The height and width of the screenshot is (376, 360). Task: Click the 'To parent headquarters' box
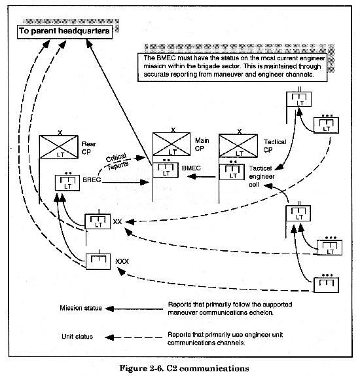(x=65, y=31)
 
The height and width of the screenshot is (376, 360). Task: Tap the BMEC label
(x=191, y=168)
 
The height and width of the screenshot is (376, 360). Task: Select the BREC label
(x=92, y=179)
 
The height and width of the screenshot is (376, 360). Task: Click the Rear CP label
(x=88, y=148)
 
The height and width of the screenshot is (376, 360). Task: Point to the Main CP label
(x=202, y=144)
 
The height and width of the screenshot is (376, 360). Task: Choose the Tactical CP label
(x=275, y=146)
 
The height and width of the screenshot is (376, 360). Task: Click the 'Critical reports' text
(x=117, y=162)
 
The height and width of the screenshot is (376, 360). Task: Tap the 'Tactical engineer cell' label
(x=261, y=176)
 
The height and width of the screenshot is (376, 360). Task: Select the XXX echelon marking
(x=122, y=261)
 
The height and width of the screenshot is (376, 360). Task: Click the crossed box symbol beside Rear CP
(x=59, y=147)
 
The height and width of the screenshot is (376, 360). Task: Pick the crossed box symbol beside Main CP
(x=171, y=144)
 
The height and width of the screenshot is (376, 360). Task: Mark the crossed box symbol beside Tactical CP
(x=238, y=146)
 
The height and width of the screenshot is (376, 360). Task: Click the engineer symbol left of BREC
(x=67, y=183)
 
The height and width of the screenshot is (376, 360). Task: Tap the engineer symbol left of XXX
(x=98, y=261)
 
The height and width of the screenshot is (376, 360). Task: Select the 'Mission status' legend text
(x=81, y=308)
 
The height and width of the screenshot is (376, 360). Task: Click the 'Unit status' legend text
(x=77, y=337)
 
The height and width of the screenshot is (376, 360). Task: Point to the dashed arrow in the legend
(x=134, y=337)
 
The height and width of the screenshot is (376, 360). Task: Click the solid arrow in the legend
(x=134, y=309)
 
